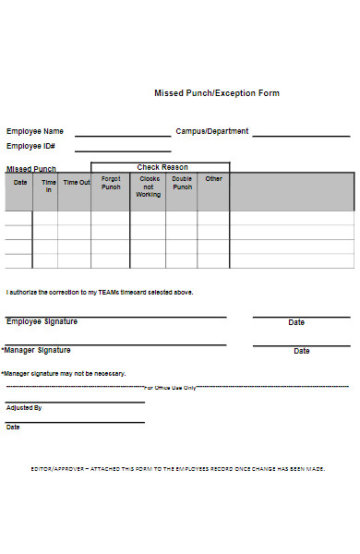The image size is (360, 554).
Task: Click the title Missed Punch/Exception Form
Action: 216,93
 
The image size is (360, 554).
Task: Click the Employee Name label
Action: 35,131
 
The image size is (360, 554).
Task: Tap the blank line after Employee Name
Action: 122,135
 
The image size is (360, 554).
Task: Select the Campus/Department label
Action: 212,131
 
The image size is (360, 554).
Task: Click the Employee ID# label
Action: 30,146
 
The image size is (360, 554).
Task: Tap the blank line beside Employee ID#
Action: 122,150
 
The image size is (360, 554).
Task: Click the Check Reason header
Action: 161,167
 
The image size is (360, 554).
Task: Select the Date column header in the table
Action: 19,182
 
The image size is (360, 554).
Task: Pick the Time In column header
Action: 48,186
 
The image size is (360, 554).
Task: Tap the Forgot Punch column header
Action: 111,183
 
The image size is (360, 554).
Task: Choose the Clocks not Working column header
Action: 148,187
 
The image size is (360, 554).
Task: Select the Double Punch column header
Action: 182,183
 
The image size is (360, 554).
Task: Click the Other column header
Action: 213,179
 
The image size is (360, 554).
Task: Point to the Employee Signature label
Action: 42,321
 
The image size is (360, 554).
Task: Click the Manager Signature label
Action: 37,350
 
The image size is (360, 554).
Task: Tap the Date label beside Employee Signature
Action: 296,322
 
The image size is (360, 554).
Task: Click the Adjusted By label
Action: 24,407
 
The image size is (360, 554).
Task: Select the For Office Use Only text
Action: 170,388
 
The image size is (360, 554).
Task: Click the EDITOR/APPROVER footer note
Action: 177,469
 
